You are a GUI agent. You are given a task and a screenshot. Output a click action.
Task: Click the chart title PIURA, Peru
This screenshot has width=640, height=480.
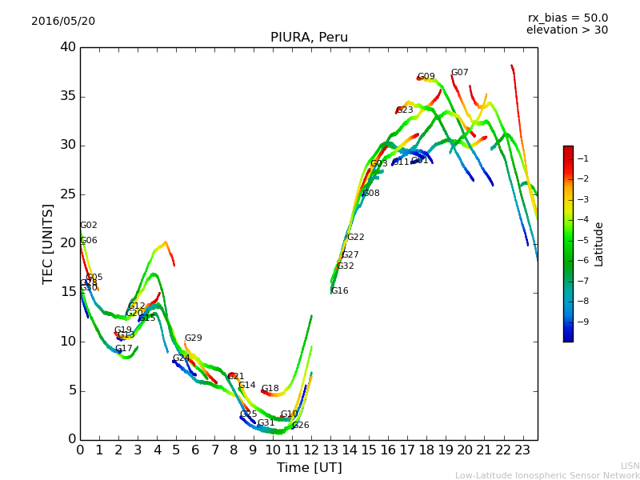point(309,38)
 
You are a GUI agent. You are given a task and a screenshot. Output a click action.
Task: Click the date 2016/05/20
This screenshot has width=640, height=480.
point(63,22)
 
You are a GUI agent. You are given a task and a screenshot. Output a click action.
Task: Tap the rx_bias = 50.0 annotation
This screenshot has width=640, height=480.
point(567,18)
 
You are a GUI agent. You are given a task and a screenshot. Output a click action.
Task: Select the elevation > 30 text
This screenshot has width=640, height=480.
point(567,30)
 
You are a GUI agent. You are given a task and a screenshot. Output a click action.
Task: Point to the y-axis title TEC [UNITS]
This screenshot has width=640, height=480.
point(48,243)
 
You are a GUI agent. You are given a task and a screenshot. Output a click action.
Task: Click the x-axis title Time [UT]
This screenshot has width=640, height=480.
point(309,467)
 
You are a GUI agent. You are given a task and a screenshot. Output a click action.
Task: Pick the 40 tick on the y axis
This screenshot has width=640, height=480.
point(67,47)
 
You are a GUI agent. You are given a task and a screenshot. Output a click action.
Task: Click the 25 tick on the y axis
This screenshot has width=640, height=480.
point(67,194)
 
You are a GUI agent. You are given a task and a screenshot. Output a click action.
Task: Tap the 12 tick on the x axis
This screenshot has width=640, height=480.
point(311,450)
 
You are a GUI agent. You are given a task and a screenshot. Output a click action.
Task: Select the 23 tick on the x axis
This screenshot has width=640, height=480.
point(522,450)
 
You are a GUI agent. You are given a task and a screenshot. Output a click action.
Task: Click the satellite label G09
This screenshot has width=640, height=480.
point(426,77)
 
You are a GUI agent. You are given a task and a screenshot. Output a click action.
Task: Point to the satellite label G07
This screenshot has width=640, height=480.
point(459,73)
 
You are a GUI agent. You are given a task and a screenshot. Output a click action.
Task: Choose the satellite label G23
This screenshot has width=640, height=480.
point(405,110)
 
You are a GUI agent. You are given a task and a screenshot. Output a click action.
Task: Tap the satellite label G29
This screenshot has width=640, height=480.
point(193,338)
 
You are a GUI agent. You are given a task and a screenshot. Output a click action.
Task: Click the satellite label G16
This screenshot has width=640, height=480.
point(339,291)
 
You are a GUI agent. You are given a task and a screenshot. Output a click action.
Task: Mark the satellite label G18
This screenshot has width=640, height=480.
point(270,389)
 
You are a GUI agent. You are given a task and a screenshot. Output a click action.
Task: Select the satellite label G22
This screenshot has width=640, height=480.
point(355,238)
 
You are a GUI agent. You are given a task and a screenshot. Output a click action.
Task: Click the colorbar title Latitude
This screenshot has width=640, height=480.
point(599,244)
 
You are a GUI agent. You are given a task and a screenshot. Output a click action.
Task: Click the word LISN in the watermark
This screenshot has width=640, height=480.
point(630,466)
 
